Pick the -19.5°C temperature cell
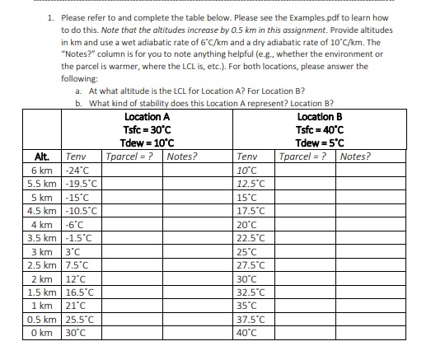[x=81, y=184]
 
